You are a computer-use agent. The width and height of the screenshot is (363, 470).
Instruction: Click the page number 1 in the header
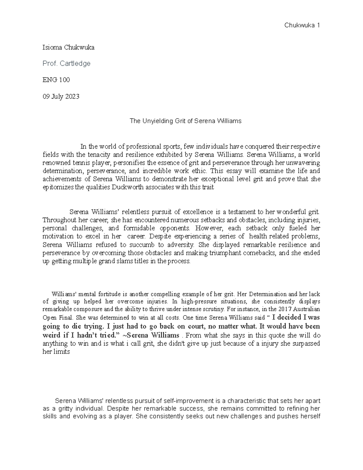(318, 25)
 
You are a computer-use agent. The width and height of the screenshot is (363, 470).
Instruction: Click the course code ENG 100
(56, 80)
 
